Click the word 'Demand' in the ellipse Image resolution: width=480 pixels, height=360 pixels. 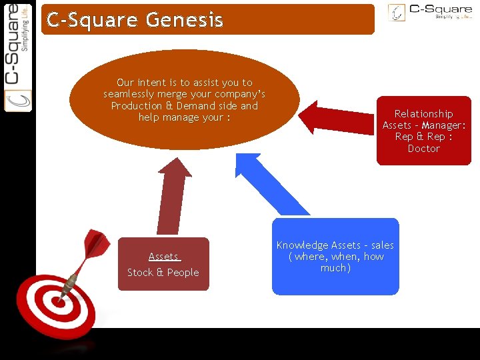point(193,106)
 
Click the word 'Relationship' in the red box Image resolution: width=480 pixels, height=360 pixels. point(423,114)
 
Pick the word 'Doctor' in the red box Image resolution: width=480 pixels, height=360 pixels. point(423,149)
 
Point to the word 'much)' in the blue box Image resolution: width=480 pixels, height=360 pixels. point(335,268)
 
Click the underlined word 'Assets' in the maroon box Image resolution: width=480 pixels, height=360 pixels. point(163,257)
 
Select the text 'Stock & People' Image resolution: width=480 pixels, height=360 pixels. point(163,272)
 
